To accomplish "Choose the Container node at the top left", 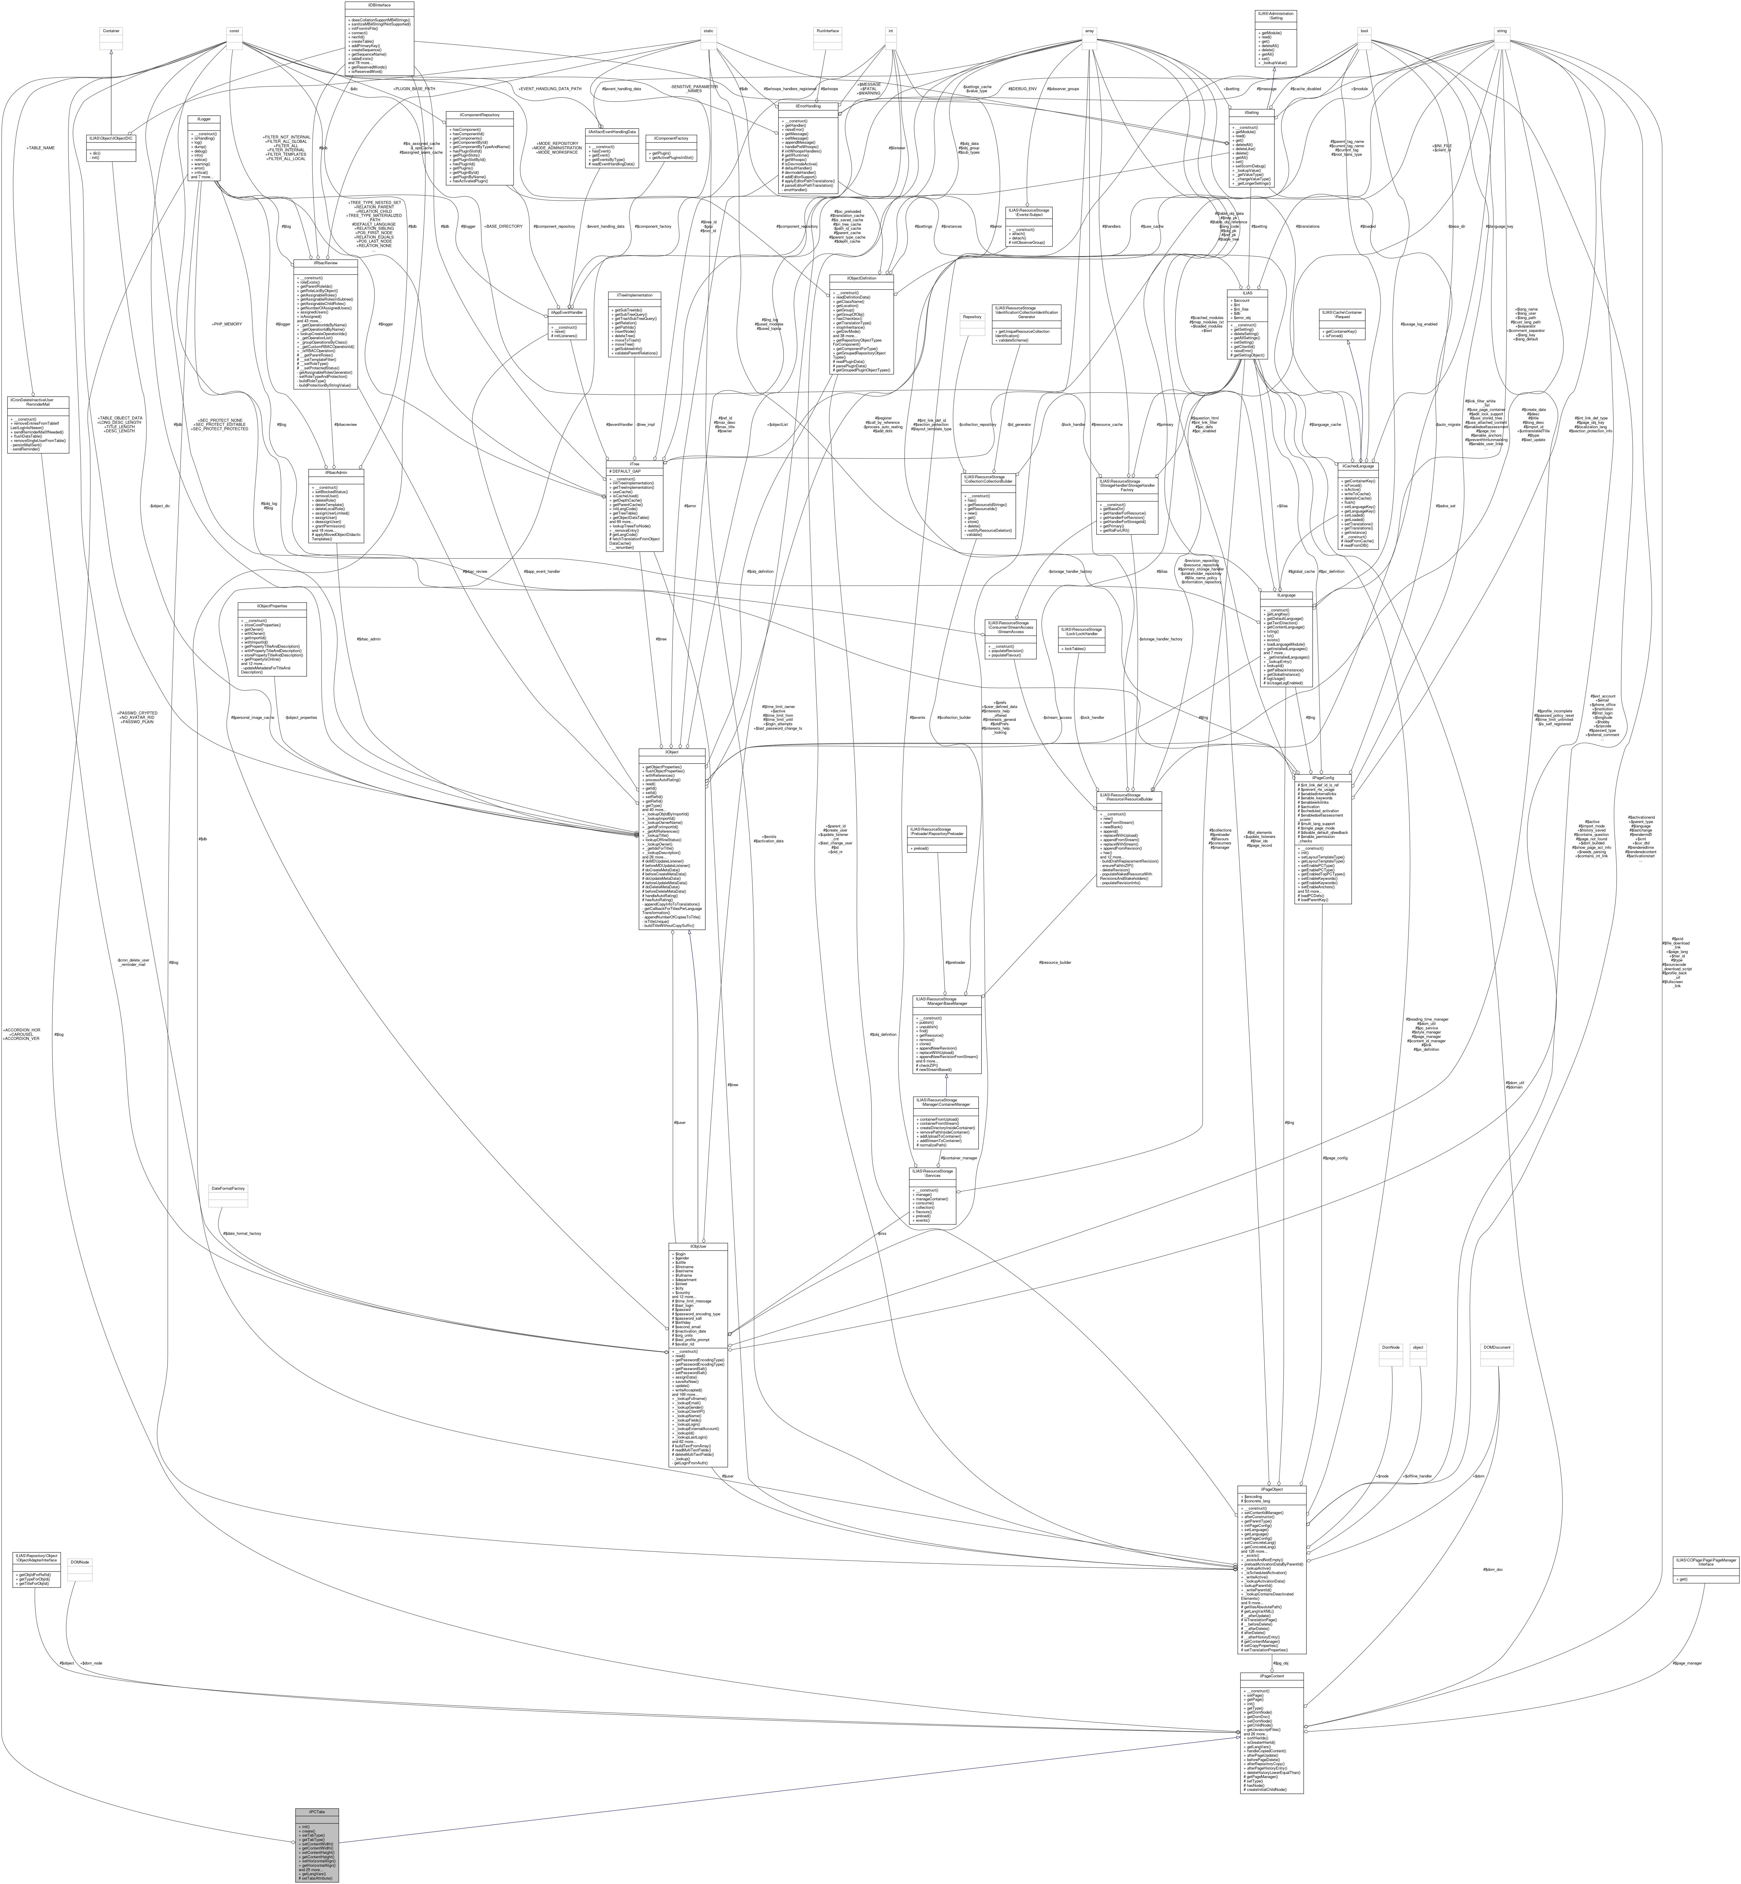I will point(111,31).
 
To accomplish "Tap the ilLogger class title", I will point(204,119).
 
